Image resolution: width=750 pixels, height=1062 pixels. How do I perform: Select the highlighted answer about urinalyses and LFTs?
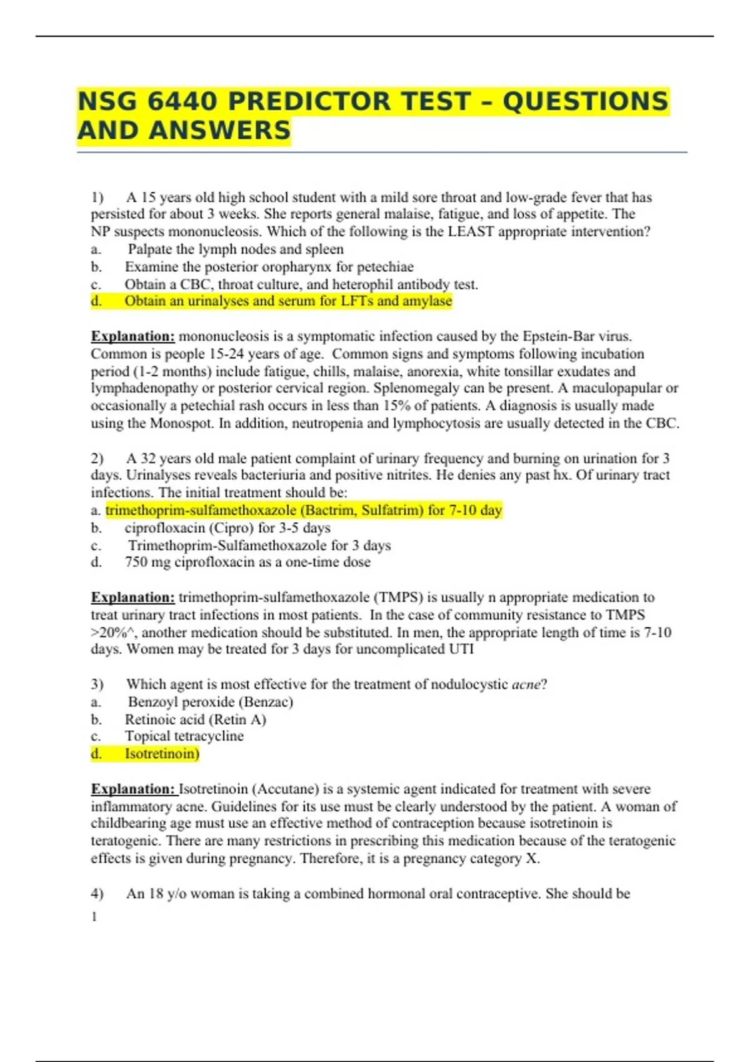287,301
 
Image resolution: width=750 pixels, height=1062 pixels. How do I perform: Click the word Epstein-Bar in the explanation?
552,336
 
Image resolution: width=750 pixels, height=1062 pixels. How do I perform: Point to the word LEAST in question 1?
471,232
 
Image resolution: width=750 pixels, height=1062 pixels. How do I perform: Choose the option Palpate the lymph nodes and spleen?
235,249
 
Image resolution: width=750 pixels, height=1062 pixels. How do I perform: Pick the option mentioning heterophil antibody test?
301,284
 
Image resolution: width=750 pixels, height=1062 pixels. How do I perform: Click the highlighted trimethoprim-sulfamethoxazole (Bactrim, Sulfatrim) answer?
304,510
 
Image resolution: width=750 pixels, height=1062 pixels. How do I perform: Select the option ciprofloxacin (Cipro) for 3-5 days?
227,528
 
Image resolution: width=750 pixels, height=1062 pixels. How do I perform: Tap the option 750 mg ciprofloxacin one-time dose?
247,562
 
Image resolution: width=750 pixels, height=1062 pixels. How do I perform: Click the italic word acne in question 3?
526,685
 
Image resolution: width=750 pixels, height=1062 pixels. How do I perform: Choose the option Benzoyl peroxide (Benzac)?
210,702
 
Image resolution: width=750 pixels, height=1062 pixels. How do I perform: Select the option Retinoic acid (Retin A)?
195,720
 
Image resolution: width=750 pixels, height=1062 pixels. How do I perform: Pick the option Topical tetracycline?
184,737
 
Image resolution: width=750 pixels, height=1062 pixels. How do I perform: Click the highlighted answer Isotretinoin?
161,754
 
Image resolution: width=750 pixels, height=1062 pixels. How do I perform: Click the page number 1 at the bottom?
94,916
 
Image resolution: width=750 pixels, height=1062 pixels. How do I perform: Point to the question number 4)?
97,894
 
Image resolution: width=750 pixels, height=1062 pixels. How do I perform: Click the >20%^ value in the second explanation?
112,633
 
